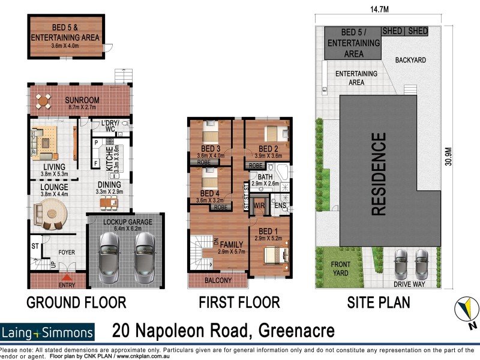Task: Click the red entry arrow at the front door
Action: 68,277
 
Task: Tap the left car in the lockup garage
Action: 109,250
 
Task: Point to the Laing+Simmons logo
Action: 48,332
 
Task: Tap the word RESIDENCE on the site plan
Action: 379,174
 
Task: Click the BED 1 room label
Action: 267,231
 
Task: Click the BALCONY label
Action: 217,280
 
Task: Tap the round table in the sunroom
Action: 44,102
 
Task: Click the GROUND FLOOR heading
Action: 76,302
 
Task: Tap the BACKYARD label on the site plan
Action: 410,61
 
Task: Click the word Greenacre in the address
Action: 288,331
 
